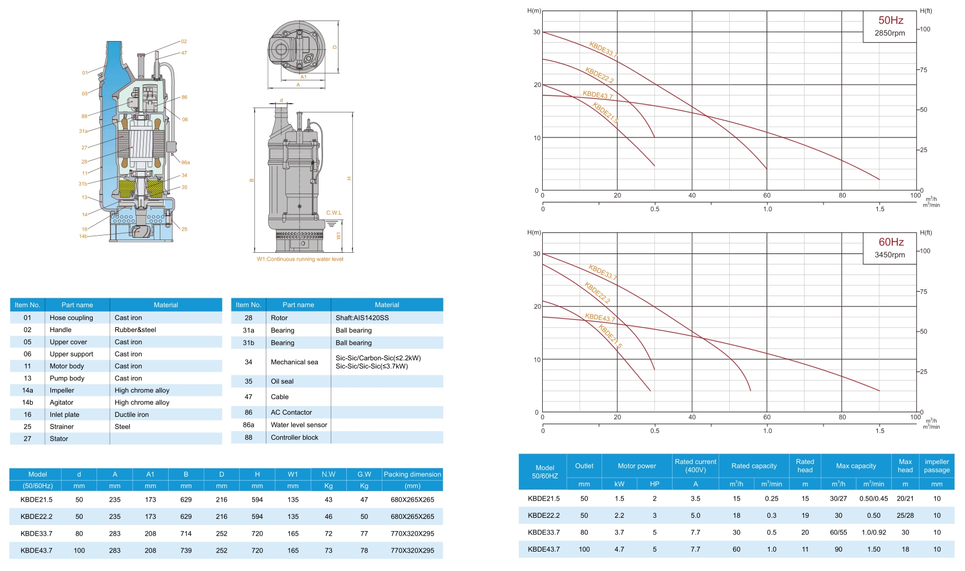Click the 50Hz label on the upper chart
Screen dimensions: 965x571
click(x=891, y=21)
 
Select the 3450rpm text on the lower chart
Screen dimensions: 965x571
click(x=890, y=255)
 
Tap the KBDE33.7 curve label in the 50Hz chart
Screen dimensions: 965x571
click(x=603, y=49)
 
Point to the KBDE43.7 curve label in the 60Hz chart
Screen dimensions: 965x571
click(x=600, y=318)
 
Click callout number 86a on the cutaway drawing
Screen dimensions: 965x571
click(x=185, y=162)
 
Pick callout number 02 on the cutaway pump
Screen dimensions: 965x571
click(x=184, y=42)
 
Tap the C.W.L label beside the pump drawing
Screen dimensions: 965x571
click(x=334, y=213)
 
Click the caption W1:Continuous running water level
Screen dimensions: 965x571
click(x=300, y=259)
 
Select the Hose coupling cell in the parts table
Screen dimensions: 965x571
click(x=71, y=318)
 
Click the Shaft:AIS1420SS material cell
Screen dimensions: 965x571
click(x=362, y=318)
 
